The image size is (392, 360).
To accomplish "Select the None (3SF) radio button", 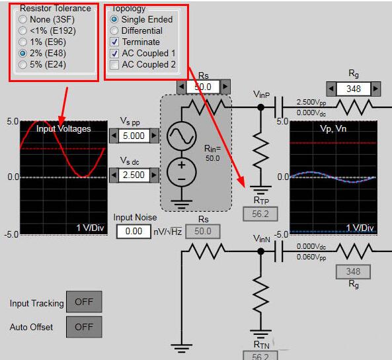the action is point(22,19).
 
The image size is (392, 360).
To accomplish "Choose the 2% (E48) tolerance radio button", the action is point(22,53).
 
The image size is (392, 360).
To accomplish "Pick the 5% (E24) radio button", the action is point(22,64).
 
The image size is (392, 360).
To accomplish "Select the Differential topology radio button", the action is point(114,30).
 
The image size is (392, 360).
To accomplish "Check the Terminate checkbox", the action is point(114,42).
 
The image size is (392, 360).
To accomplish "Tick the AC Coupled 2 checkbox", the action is point(114,64).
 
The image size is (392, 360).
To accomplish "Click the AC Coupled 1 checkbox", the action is point(114,53).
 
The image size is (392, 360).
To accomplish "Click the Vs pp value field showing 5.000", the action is point(134,136).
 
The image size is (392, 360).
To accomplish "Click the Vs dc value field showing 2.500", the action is point(134,175).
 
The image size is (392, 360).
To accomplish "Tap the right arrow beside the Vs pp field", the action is point(154,136).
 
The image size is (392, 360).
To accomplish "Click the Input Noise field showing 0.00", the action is point(134,231).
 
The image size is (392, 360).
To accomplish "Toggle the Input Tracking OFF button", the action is point(84,302).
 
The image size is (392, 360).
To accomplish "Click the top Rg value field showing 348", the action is point(353,89).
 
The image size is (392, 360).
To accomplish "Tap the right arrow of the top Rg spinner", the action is point(375,89).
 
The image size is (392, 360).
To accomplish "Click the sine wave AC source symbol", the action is point(182,136).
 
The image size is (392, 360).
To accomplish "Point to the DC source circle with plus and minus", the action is point(182,172).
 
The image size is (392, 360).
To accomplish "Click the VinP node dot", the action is point(260,107).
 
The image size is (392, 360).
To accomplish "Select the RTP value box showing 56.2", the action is point(260,214).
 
